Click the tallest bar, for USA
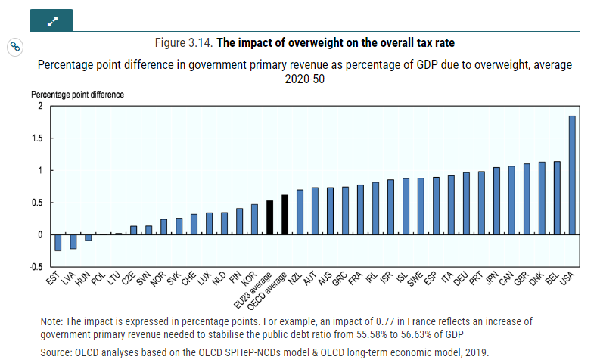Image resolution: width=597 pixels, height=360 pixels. pyautogui.click(x=572, y=175)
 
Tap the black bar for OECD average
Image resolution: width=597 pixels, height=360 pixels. pyautogui.click(x=285, y=215)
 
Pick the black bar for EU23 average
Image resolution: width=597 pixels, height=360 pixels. pyautogui.click(x=269, y=218)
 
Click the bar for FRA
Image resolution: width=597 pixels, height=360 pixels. pyautogui.click(x=360, y=209)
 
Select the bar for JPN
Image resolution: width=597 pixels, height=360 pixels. pyautogui.click(x=496, y=200)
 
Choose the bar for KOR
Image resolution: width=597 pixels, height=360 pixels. pyautogui.click(x=254, y=219)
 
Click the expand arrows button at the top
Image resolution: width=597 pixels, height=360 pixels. pyautogui.click(x=51, y=21)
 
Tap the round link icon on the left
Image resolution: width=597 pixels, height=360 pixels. pyautogui.click(x=14, y=47)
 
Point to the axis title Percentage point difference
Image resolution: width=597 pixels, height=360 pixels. pyautogui.click(x=77, y=95)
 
